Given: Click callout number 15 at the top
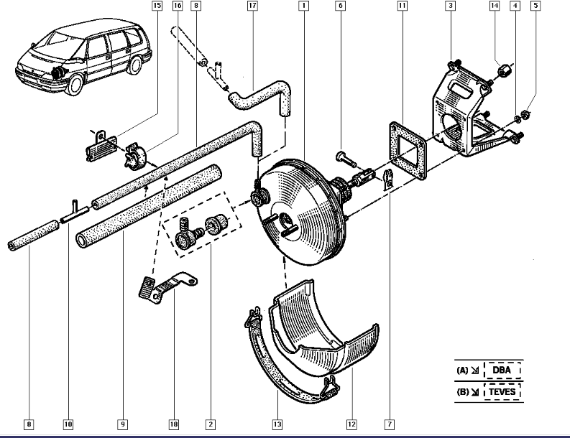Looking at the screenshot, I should coord(157,6).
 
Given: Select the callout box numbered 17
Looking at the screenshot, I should coord(252,6).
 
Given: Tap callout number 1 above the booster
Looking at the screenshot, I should coord(304,6).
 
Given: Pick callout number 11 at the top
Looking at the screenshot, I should coord(403,6).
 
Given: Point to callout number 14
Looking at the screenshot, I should coord(495,6).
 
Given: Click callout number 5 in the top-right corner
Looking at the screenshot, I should coord(535,6).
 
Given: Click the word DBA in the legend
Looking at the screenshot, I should coord(503,371).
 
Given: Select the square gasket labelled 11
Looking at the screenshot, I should coord(408,151).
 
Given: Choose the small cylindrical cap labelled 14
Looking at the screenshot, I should coord(505,71).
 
